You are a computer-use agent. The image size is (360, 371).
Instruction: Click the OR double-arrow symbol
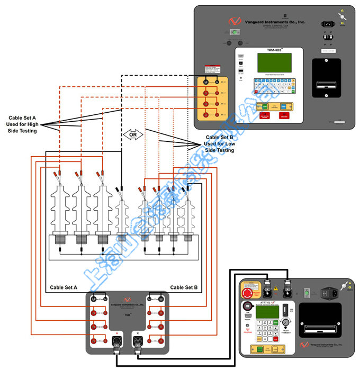tap(133, 134)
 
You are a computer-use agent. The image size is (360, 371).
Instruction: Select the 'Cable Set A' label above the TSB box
tap(64, 287)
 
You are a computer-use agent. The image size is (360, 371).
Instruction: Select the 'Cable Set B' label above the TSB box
tap(184, 287)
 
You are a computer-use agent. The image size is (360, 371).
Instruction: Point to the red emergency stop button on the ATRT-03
tap(247, 293)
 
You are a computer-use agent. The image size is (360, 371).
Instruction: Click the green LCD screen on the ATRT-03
tap(268, 312)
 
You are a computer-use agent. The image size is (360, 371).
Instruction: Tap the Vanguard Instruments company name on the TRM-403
tap(268, 22)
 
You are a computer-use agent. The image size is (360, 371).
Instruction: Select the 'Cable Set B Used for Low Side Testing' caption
tap(219, 143)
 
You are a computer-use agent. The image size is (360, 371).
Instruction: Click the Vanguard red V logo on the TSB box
tap(127, 299)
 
